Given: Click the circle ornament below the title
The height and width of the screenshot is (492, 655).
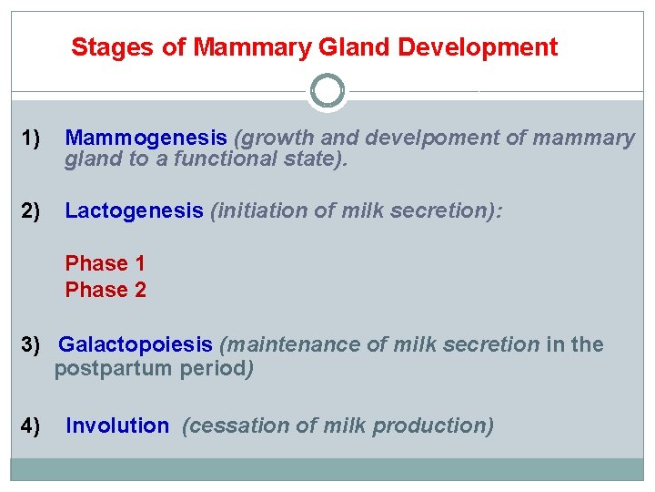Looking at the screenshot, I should [327, 91].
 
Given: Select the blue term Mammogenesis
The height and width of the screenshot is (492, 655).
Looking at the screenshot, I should [146, 138].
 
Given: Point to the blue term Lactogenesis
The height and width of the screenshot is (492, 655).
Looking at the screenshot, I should [134, 211].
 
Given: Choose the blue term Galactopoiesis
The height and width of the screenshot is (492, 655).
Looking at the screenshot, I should [136, 345].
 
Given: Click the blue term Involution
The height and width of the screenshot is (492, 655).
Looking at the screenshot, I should [117, 426].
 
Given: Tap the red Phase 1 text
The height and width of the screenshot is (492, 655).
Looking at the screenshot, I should [105, 264].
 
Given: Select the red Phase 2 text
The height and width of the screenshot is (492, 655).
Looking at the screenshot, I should [105, 291].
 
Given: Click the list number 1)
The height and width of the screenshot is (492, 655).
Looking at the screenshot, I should [32, 138].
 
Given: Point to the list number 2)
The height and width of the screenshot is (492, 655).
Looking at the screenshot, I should [32, 211].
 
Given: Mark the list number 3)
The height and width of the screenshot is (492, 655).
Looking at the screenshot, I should [32, 345].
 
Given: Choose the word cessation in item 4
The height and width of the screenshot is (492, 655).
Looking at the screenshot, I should [227, 426].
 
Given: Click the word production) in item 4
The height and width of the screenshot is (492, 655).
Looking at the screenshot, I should [443, 426].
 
